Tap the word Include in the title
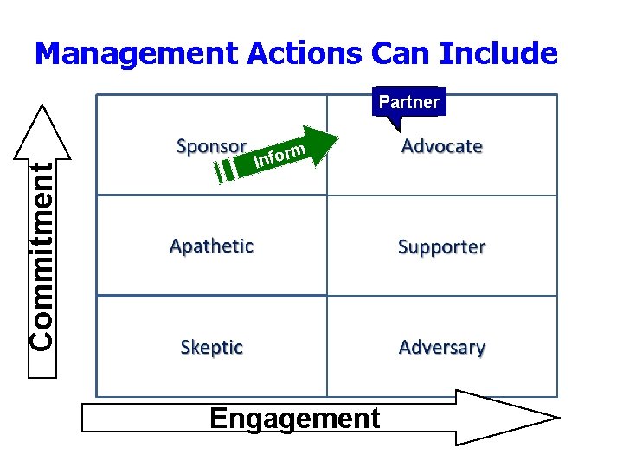click(498, 54)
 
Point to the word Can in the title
click(401, 54)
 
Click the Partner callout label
click(408, 102)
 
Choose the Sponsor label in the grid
click(211, 145)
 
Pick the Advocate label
click(441, 146)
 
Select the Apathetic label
click(211, 246)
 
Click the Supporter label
click(441, 247)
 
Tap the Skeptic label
click(211, 347)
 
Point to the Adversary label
click(441, 348)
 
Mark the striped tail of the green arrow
click(225, 170)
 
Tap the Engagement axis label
click(294, 419)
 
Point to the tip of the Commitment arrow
click(42, 108)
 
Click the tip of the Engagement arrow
click(554, 418)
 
